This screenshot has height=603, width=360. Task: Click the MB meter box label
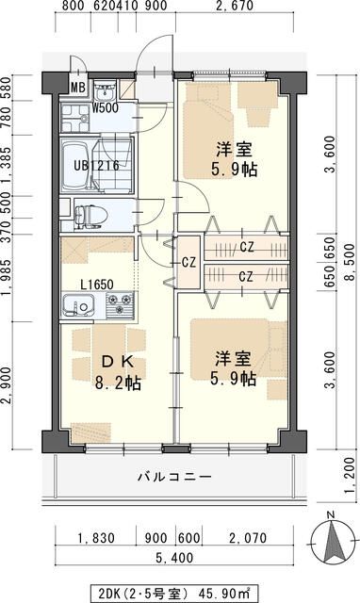(78, 90)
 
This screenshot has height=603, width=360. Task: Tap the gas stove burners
(120, 307)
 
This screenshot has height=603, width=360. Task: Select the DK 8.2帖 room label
(115, 372)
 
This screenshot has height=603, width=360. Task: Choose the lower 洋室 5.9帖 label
(234, 368)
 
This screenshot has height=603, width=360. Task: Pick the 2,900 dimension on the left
(8, 384)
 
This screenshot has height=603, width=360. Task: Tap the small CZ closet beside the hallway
(188, 262)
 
